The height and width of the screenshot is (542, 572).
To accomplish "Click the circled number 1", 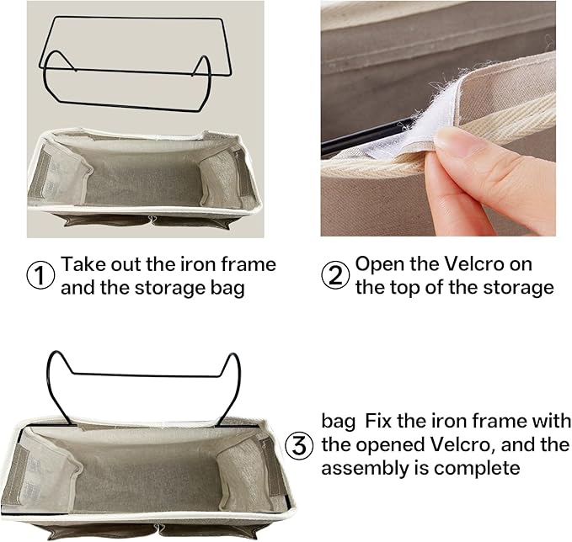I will click(40, 276).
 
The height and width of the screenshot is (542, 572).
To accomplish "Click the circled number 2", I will click(334, 276).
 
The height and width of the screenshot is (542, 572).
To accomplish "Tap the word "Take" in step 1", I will click(82, 264).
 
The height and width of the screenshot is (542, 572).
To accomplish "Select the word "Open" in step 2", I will click(378, 264).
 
